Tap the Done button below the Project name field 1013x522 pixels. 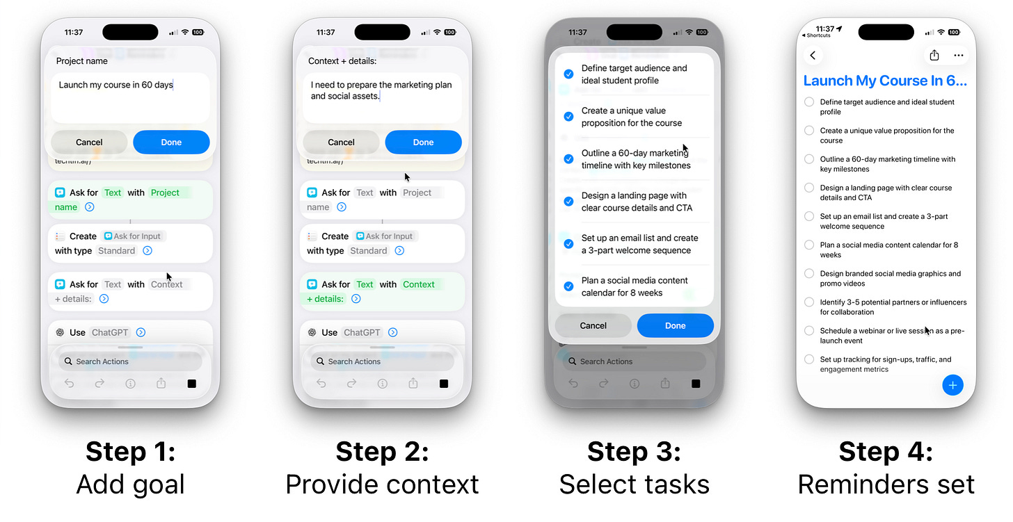click(x=171, y=142)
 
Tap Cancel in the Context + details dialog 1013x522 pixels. click(x=341, y=142)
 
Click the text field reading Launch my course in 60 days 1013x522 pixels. click(x=130, y=97)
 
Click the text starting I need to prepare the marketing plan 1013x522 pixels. click(x=381, y=90)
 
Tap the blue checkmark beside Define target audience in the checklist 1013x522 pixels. click(x=568, y=74)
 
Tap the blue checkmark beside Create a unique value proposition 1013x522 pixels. click(x=568, y=117)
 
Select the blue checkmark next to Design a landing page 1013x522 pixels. click(x=568, y=202)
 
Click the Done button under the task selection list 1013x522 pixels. click(x=675, y=325)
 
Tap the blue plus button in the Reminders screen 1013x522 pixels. click(x=952, y=384)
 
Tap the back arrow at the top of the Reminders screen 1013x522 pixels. click(x=813, y=56)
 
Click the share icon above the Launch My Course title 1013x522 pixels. click(x=934, y=56)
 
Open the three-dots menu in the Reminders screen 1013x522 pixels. click(x=959, y=56)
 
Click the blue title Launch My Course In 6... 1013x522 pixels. click(x=885, y=81)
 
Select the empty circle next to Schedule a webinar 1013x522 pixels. click(x=809, y=331)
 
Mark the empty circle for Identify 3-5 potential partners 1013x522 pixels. click(x=809, y=302)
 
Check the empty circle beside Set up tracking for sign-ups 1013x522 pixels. click(x=809, y=359)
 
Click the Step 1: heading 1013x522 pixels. click(x=130, y=452)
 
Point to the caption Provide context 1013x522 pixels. click(x=382, y=484)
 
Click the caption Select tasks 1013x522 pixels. click(x=634, y=484)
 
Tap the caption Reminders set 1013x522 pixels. click(x=886, y=484)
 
